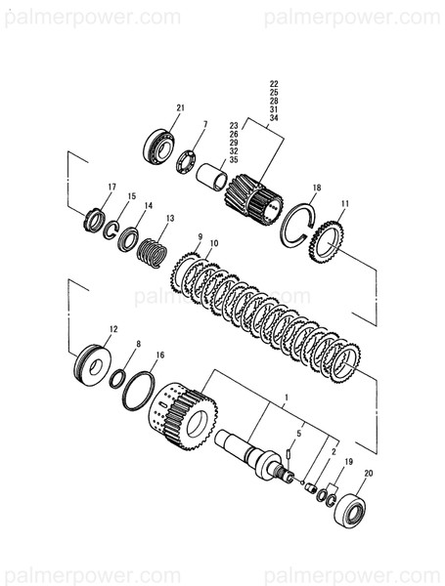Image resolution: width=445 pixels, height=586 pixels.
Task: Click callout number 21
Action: click(x=180, y=107)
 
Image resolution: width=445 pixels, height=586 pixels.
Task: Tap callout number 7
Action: click(x=204, y=124)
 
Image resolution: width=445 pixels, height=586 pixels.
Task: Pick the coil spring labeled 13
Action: click(x=151, y=254)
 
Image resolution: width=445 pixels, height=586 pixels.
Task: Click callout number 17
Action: click(x=111, y=187)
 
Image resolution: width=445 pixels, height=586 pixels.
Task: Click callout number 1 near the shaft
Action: click(x=286, y=399)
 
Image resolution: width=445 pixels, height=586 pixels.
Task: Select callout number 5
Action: click(x=299, y=432)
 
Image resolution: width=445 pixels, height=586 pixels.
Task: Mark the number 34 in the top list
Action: click(x=274, y=118)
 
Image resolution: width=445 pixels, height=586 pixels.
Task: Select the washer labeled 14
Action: click(x=128, y=239)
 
